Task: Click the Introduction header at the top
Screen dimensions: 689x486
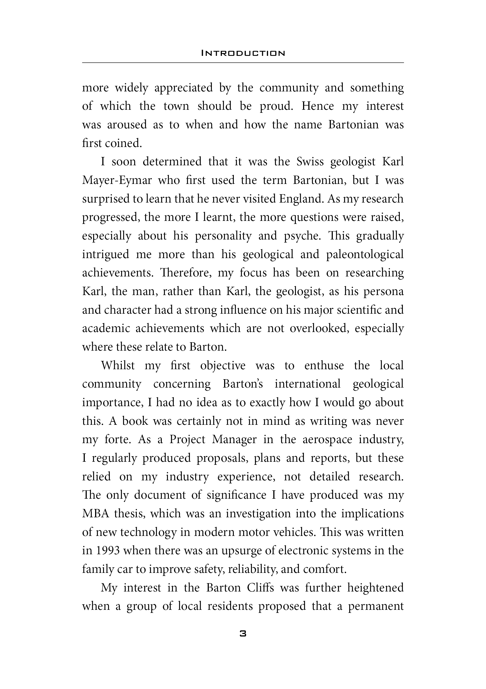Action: pyautogui.click(x=243, y=53)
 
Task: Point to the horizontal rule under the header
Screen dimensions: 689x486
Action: pyautogui.click(x=243, y=63)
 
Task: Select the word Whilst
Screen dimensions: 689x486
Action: pyautogui.click(x=118, y=366)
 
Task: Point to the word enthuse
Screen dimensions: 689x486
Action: pyautogui.click(x=324, y=366)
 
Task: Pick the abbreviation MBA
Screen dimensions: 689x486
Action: pyautogui.click(x=96, y=514)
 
